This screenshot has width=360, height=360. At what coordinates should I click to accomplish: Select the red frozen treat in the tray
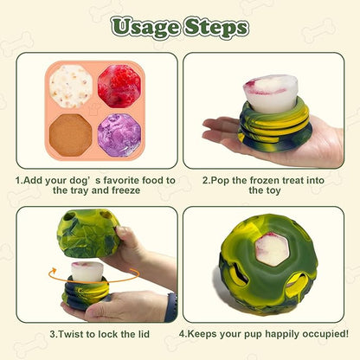(118, 87)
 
